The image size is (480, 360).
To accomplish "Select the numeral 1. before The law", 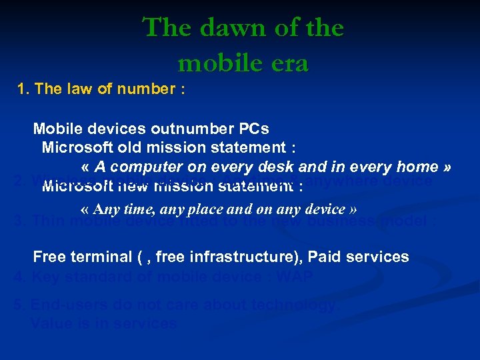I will (x=23, y=89).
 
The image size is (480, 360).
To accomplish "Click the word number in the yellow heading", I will (x=143, y=89).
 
